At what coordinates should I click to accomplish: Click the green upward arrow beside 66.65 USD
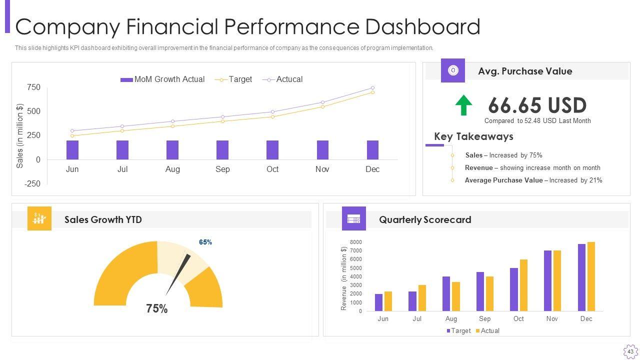point(463,105)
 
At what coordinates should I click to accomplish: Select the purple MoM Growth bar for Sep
point(222,150)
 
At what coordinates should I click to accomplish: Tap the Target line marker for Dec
point(372,92)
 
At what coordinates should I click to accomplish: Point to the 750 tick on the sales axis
point(33,87)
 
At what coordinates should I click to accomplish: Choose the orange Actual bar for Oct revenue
point(523,285)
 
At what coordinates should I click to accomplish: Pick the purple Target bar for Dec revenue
point(581,277)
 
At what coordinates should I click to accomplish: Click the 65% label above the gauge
point(205,242)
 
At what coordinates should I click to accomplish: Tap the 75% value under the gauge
point(157,309)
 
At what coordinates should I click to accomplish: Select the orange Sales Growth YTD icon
point(39,218)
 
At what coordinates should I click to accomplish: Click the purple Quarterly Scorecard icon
point(354,218)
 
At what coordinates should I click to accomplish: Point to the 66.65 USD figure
point(537,105)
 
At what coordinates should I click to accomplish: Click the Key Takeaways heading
point(473,136)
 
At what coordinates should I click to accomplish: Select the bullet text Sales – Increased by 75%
point(503,155)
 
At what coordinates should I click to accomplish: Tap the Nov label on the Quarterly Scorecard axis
point(552,319)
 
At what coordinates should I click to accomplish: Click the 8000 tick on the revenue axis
point(355,242)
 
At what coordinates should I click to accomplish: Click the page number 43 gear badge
point(630,351)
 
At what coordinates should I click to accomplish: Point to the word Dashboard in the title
point(422,27)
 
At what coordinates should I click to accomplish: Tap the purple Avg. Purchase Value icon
point(453,70)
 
